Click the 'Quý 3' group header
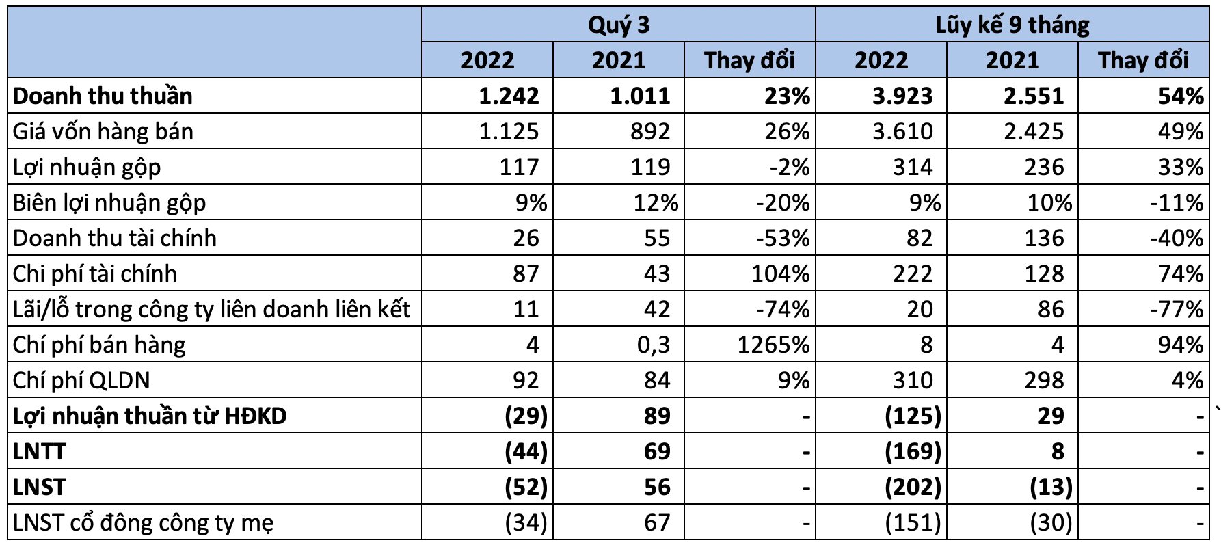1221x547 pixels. pyautogui.click(x=618, y=25)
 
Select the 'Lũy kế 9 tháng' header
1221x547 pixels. pyautogui.click(x=1012, y=25)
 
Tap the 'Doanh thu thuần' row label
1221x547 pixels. pyautogui.click(x=103, y=96)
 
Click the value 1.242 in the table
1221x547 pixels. pyautogui.click(x=509, y=96)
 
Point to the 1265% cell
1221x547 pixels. pyautogui.click(x=773, y=345)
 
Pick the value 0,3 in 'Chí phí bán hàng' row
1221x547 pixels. pyautogui.click(x=654, y=345)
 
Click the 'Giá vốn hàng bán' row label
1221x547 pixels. pyautogui.click(x=103, y=131)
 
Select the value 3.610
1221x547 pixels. pyautogui.click(x=902, y=131)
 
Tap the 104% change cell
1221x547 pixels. pyautogui.click(x=780, y=273)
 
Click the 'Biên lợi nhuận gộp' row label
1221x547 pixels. pyautogui.click(x=109, y=202)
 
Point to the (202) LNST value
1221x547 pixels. pyautogui.click(x=913, y=487)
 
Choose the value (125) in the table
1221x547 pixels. pyautogui.click(x=913, y=416)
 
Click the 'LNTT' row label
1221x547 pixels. pyautogui.click(x=40, y=451)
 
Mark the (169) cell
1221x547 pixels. pyautogui.click(x=913, y=451)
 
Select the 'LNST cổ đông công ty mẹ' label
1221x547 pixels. pyautogui.click(x=144, y=523)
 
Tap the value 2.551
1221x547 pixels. pyautogui.click(x=1034, y=96)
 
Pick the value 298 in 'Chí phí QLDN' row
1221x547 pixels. pyautogui.click(x=1044, y=380)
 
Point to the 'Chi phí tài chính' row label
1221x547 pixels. pyautogui.click(x=95, y=273)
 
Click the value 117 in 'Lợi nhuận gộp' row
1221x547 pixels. pyautogui.click(x=519, y=167)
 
